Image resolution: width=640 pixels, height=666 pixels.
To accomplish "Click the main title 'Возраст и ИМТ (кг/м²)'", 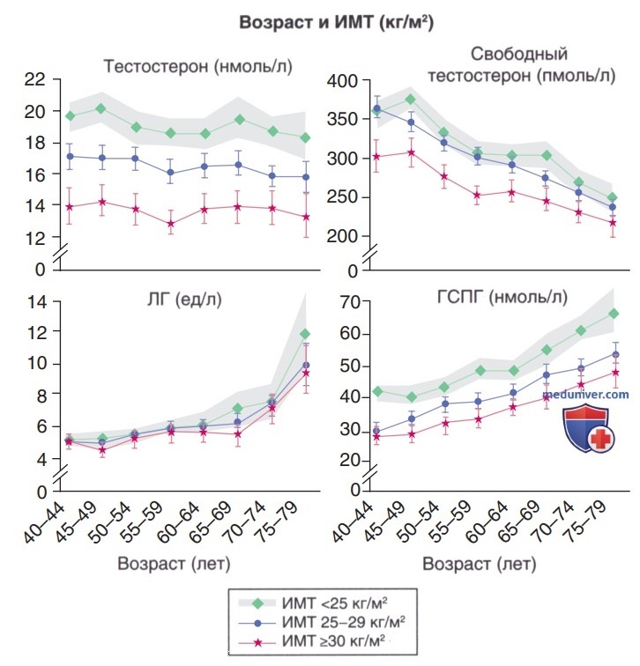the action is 336,22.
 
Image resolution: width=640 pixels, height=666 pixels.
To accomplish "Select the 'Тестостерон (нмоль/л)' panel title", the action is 198,67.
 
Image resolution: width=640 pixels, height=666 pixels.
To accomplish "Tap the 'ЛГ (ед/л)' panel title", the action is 184,300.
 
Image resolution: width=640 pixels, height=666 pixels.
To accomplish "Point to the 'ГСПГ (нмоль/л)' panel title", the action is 502,297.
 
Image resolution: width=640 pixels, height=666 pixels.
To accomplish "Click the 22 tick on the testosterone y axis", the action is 35,79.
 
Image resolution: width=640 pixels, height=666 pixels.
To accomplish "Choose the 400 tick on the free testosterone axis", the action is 343,81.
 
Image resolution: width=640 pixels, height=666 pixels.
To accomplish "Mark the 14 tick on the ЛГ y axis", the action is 36,302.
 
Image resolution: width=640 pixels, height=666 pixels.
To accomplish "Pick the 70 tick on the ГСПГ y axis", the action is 350,302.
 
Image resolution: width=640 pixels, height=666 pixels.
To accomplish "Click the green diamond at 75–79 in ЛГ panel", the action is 305,334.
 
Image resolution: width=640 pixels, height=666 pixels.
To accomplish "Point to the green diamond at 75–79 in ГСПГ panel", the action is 614,314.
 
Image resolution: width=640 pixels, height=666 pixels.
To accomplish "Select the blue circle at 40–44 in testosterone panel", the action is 71,156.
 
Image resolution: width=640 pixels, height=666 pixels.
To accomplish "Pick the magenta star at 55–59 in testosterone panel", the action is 171,224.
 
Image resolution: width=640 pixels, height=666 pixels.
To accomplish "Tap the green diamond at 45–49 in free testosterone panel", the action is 411,100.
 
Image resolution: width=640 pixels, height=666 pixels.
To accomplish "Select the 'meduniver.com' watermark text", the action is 585,395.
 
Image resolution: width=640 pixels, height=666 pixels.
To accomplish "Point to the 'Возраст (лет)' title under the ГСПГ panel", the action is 480,565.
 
